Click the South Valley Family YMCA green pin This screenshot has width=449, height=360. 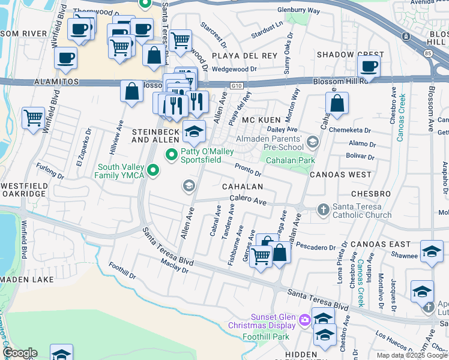(x=154, y=171)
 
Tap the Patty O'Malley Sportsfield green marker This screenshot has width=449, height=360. (x=172, y=154)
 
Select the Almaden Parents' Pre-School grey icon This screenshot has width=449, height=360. (x=312, y=142)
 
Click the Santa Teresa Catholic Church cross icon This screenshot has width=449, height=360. (x=323, y=209)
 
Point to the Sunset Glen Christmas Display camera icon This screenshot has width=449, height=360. (x=304, y=320)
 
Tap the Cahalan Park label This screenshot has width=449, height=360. (x=291, y=161)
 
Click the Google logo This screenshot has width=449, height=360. (x=20, y=353)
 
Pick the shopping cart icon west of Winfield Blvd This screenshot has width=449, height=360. (x=33, y=117)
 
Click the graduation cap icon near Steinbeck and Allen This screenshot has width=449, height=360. (x=194, y=133)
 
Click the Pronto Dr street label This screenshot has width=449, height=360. (x=247, y=170)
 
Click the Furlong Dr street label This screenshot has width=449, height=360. (x=50, y=172)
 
